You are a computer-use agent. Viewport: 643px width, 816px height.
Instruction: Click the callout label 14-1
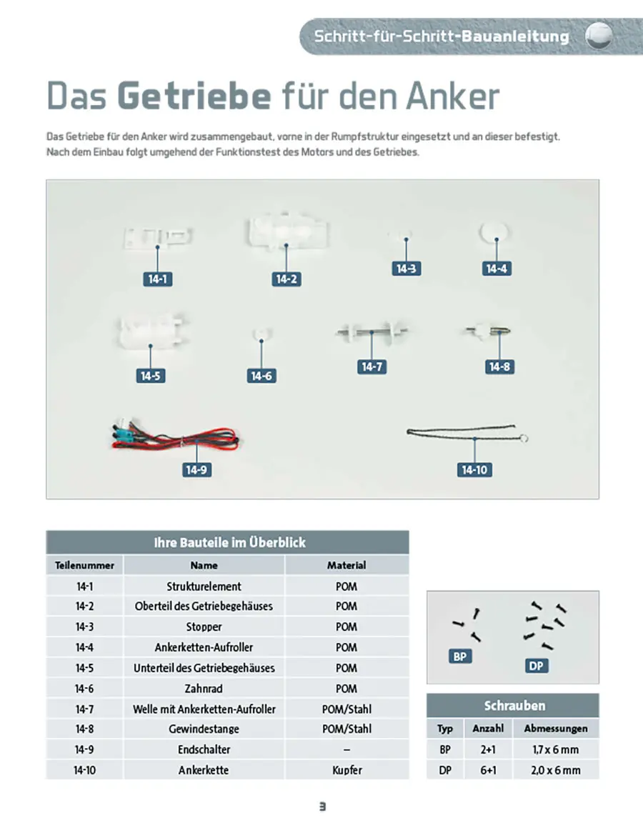click(157, 279)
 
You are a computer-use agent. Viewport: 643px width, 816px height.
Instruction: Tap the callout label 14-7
click(372, 367)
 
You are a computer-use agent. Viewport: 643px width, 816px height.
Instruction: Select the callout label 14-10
click(474, 470)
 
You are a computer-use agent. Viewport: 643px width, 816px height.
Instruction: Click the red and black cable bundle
click(175, 438)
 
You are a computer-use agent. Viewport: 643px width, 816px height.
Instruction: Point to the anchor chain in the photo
click(463, 432)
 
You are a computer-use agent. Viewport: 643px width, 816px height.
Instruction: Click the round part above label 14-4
click(494, 233)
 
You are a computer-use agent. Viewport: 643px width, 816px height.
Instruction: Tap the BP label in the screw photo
click(460, 656)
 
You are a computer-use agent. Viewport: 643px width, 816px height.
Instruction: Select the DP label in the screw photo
click(537, 666)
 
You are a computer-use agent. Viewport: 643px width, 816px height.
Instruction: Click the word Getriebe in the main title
click(194, 96)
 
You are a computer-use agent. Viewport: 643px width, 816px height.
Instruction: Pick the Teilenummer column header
click(85, 565)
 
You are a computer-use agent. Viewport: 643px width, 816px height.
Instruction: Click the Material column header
click(347, 565)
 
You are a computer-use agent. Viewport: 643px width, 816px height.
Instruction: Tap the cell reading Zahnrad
click(204, 689)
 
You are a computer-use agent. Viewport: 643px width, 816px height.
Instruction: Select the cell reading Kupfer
click(347, 770)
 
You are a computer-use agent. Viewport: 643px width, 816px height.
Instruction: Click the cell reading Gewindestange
click(204, 729)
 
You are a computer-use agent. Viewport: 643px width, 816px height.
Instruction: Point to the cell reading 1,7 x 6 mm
click(556, 750)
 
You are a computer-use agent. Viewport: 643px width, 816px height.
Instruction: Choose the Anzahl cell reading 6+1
click(488, 770)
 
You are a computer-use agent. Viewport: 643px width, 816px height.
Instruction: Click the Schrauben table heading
click(514, 706)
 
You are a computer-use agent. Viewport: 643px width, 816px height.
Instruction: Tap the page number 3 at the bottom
click(322, 806)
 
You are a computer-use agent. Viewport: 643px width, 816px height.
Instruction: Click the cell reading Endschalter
click(204, 750)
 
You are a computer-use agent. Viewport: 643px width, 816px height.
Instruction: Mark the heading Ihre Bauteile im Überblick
click(229, 542)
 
